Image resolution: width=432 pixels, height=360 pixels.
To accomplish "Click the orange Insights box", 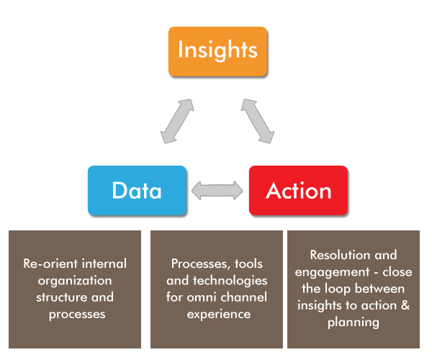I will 217,51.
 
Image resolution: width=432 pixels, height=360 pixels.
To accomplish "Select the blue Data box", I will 137,191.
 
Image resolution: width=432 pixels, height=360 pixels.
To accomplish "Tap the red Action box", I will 298,191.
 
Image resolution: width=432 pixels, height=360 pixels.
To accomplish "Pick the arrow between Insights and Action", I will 257,120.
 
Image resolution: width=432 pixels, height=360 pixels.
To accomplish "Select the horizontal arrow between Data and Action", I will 217,191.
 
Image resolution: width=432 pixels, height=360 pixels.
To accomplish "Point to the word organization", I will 75,280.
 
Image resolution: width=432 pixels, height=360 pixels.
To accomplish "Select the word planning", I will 353,323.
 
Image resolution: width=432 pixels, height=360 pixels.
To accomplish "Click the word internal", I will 103,263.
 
